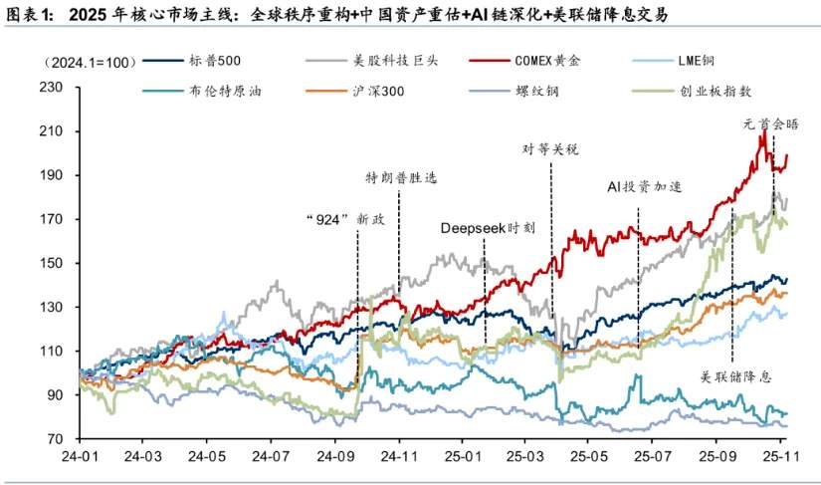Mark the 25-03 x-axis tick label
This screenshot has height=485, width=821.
pos(521,458)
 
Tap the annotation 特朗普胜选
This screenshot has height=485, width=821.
pos(401,178)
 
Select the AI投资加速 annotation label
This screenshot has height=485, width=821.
pos(644,187)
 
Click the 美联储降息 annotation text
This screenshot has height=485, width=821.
pos(736,376)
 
